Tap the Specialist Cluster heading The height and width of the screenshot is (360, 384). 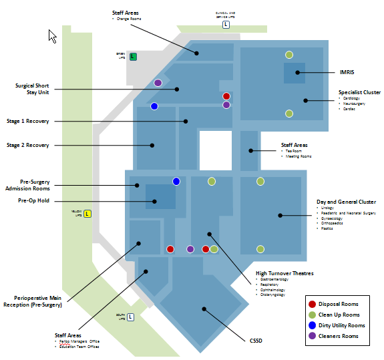click(x=359, y=92)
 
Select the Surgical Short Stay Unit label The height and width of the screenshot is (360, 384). click(x=33, y=89)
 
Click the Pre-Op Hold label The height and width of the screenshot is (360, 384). click(x=34, y=200)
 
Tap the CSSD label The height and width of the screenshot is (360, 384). click(x=256, y=341)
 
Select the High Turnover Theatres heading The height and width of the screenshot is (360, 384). click(x=284, y=273)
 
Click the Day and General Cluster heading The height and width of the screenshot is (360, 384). click(x=346, y=202)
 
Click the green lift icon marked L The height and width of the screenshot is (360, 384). click(x=133, y=57)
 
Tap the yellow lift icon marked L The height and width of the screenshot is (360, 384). click(x=87, y=214)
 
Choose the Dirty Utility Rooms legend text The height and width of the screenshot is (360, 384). click(x=342, y=325)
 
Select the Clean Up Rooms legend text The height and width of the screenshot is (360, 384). click(x=339, y=315)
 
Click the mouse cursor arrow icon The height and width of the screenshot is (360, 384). click(x=52, y=35)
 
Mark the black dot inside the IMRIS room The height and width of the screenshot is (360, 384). click(x=297, y=72)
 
